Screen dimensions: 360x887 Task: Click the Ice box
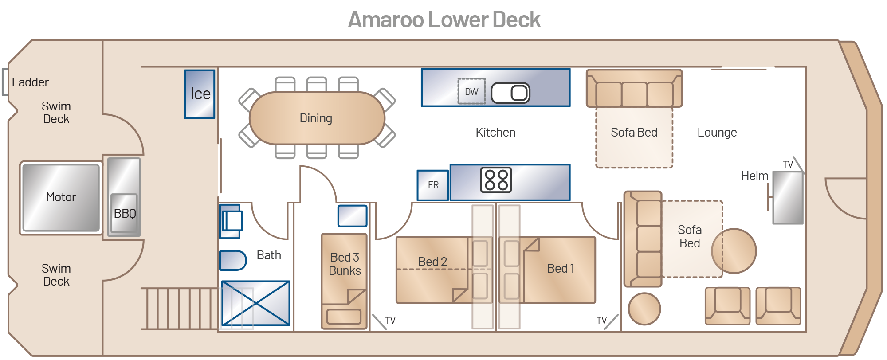pos(200,94)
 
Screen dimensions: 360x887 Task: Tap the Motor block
pos(61,197)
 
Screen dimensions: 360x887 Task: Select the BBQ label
pos(125,214)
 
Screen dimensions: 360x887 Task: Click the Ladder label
pos(30,82)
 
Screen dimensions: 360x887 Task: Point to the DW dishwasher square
pos(471,91)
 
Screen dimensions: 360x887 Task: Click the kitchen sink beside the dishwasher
pos(510,93)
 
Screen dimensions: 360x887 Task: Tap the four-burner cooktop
pos(496,180)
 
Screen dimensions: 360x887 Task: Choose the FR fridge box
pos(433,185)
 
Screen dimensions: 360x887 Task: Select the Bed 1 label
pos(561,268)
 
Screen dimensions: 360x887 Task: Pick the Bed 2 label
pos(432,262)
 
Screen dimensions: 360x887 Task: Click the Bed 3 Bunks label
pos(345,264)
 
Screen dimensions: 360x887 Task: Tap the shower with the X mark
pos(255,303)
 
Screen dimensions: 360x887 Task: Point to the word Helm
pos(754,176)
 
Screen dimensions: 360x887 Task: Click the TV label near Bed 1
pos(601,320)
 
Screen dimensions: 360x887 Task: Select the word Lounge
pos(717,133)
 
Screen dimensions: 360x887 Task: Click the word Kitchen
pos(495,133)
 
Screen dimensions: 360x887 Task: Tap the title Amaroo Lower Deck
pos(444,20)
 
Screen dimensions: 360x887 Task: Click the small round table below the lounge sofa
pos(644,309)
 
